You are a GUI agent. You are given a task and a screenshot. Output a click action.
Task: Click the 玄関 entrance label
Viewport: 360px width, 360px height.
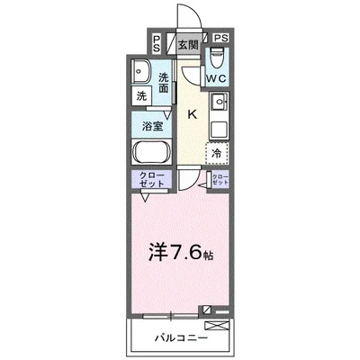click(187, 43)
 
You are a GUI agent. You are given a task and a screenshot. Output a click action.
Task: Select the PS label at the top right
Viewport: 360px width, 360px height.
click(221, 40)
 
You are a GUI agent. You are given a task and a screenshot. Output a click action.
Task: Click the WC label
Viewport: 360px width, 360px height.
click(216, 79)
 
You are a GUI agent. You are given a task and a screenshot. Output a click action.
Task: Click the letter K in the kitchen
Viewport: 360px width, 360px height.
click(192, 113)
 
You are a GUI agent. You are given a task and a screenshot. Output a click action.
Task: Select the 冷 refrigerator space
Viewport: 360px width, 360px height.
click(217, 154)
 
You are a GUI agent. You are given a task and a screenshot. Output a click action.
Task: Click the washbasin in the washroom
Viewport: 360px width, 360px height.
click(141, 72)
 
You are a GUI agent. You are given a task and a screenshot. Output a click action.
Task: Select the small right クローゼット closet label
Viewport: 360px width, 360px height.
click(220, 179)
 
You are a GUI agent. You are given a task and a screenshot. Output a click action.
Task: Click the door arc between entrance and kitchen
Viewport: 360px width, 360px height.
click(186, 75)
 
